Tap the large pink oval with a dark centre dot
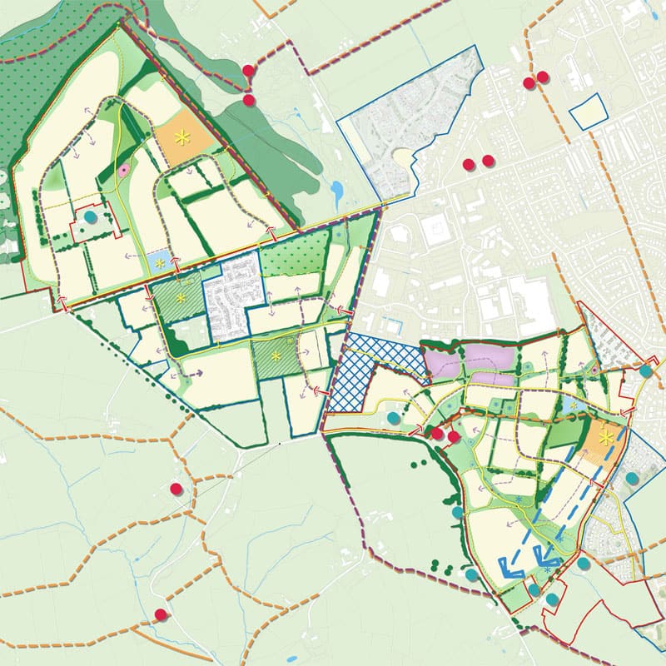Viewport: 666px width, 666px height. tap(124, 171)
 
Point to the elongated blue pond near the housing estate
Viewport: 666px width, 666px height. tap(335, 192)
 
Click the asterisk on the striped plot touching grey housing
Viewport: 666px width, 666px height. tap(181, 297)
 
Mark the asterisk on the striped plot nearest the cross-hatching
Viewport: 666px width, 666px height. tap(276, 358)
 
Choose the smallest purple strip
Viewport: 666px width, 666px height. tap(490, 380)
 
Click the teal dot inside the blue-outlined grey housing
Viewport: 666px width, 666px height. tap(632, 478)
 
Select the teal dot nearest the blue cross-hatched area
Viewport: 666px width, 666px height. tap(394, 417)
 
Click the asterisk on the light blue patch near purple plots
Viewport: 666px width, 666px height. tap(573, 405)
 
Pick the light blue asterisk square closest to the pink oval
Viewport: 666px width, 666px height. tap(158, 263)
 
